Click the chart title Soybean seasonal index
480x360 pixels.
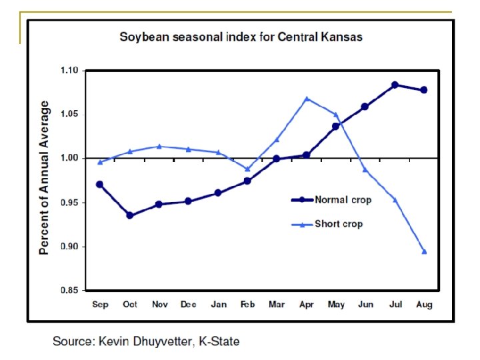[x=241, y=37]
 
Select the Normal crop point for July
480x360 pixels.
[x=395, y=85]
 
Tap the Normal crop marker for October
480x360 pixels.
[x=129, y=215]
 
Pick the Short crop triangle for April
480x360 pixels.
[x=307, y=99]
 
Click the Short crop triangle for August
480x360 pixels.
[x=424, y=252]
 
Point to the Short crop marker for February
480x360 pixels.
[x=247, y=169]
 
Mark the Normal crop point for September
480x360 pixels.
[x=99, y=184]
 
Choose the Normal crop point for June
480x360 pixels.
[x=365, y=107]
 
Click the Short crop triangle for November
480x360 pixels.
[x=159, y=147]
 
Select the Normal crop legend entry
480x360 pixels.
[x=343, y=199]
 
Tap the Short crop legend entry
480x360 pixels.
[x=339, y=224]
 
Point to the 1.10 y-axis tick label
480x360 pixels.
[x=69, y=71]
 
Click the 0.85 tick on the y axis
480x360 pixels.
[x=69, y=290]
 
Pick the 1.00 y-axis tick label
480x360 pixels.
[x=69, y=159]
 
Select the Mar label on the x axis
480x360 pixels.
[x=277, y=305]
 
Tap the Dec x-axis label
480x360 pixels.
[x=188, y=305]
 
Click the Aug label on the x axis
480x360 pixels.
[x=424, y=305]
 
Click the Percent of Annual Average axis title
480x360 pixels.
[x=45, y=178]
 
